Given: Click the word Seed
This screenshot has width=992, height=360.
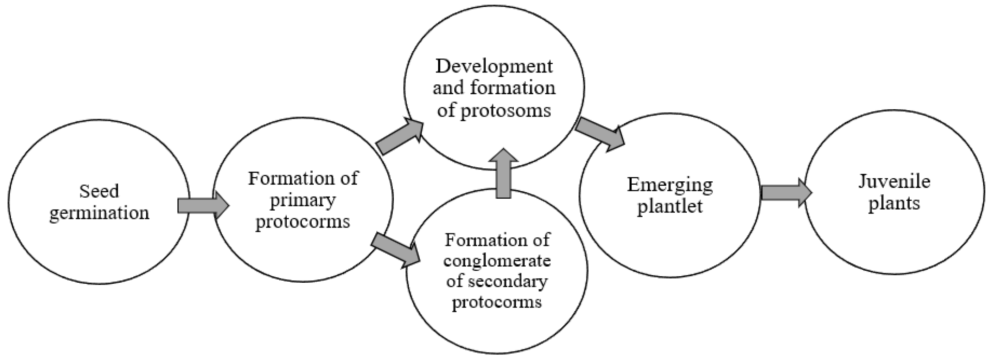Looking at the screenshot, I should (99, 191).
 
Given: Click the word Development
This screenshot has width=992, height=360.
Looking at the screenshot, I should (494, 66).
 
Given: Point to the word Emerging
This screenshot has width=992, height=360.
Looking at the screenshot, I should (670, 185).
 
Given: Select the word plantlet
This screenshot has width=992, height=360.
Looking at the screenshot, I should (670, 206).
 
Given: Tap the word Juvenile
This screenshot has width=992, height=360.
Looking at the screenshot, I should (894, 181).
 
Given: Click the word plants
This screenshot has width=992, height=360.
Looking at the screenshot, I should (894, 203).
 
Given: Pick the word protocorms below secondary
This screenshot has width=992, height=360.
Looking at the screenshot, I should (497, 302).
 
